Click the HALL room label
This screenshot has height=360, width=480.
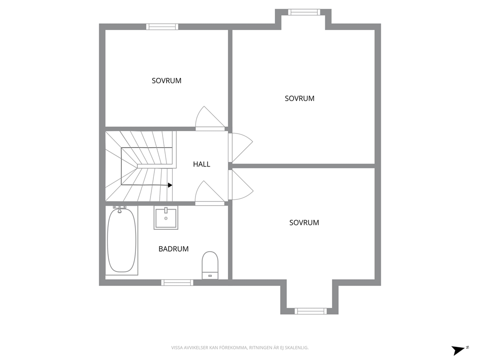pyautogui.click(x=201, y=165)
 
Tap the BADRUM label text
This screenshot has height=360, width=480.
pyautogui.click(x=173, y=249)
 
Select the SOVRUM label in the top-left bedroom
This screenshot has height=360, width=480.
pyautogui.click(x=166, y=81)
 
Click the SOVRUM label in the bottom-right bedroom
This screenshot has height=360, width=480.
pyautogui.click(x=304, y=223)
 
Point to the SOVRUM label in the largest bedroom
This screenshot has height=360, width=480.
pyautogui.click(x=300, y=99)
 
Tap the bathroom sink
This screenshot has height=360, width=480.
pyautogui.click(x=165, y=218)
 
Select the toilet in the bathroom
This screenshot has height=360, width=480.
pyautogui.click(x=210, y=265)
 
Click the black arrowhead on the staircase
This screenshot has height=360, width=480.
pyautogui.click(x=170, y=185)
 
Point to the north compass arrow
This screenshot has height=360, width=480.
pyautogui.click(x=458, y=350)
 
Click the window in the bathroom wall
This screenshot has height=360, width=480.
pyautogui.click(x=177, y=282)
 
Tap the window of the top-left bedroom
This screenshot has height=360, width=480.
pyautogui.click(x=162, y=27)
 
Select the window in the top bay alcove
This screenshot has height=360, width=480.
pyautogui.click(x=304, y=12)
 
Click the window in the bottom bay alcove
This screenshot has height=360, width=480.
pyautogui.click(x=311, y=311)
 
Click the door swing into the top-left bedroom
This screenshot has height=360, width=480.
pyautogui.click(x=210, y=119)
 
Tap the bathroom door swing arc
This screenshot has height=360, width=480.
pyautogui.click(x=210, y=193)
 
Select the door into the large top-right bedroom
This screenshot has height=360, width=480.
pyautogui.click(x=240, y=148)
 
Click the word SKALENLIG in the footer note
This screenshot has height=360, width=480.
pyautogui.click(x=297, y=348)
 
